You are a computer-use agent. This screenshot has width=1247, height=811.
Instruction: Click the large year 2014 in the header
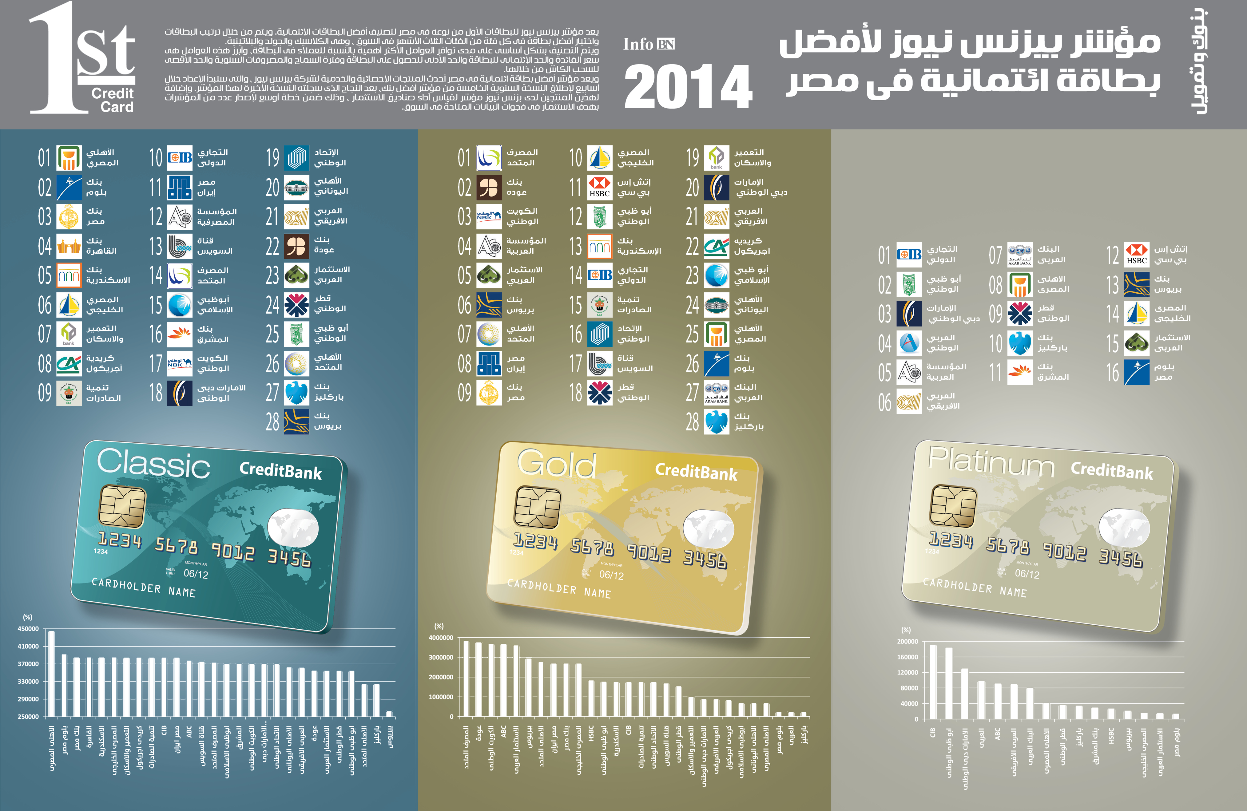coord(688,87)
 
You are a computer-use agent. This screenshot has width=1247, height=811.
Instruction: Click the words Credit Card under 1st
coord(113,100)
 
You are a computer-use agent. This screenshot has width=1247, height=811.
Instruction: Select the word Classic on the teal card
coord(153,464)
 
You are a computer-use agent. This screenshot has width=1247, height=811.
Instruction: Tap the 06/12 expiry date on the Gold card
coord(611,575)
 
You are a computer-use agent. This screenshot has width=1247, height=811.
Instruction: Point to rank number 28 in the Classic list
coord(272,422)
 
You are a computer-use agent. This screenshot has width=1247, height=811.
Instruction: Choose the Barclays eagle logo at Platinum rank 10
coord(1020,343)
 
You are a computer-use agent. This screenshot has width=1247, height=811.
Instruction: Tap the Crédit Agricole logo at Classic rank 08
coord(69,364)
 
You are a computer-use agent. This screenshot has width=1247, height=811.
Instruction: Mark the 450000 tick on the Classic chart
coord(28,629)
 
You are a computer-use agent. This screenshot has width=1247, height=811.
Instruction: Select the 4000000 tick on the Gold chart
coord(441,638)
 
